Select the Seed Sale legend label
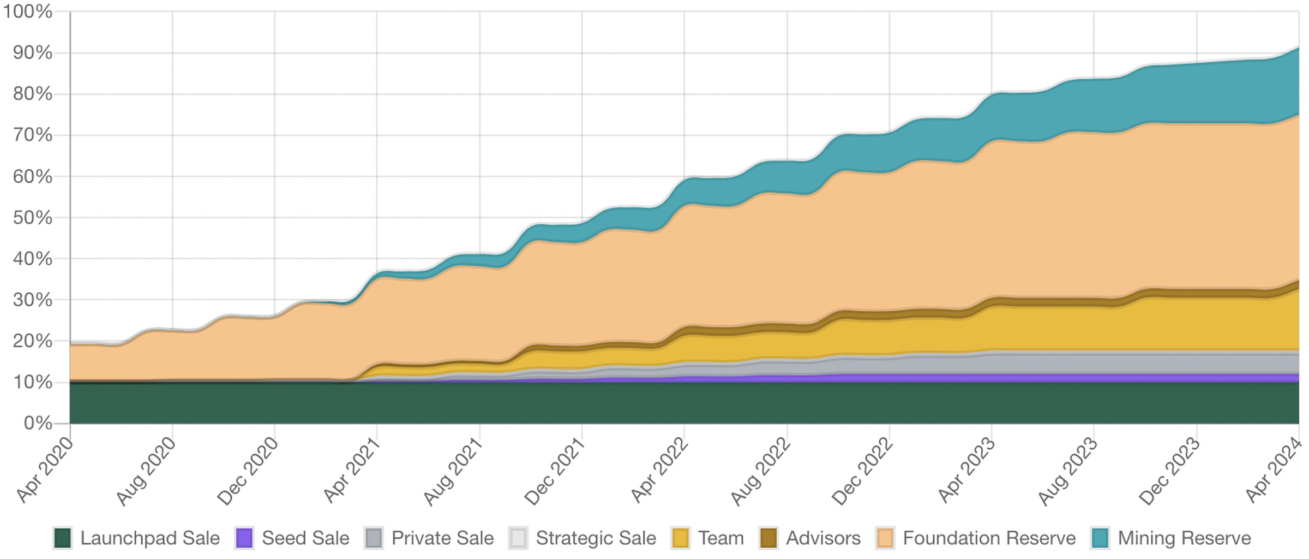305,538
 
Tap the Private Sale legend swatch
374,538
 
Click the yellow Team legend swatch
681,538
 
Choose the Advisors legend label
822,538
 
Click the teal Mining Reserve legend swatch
1101,538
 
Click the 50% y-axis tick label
33,218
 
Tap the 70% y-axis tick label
33,135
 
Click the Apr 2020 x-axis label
45,471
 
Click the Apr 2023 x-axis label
966,471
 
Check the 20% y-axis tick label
33,341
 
